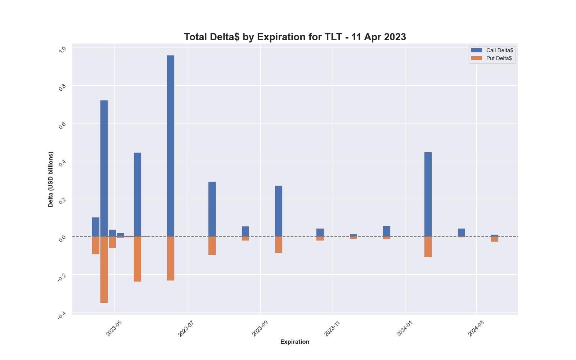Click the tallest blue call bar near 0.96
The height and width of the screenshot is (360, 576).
[170, 146]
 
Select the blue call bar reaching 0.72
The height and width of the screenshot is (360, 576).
[104, 168]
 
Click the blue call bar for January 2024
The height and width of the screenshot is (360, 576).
[428, 194]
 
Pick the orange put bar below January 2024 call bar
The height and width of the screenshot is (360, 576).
[428, 247]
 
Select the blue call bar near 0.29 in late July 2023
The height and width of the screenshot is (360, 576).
[212, 209]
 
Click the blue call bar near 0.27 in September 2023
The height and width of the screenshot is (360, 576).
[278, 211]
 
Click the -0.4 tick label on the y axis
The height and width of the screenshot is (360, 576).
[62, 315]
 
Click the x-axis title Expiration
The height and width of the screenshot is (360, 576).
[295, 342]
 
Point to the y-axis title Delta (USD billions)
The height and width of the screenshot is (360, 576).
[51, 179]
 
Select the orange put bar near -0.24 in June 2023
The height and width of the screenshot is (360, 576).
[170, 258]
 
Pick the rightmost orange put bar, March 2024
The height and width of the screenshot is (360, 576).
[494, 239]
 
